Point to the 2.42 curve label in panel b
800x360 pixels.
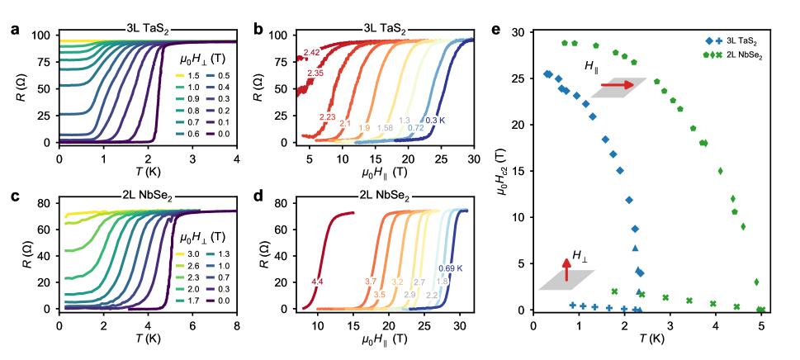[x=311, y=54]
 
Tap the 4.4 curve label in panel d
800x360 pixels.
[x=317, y=282]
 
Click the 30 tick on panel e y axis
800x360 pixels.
[x=518, y=32]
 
